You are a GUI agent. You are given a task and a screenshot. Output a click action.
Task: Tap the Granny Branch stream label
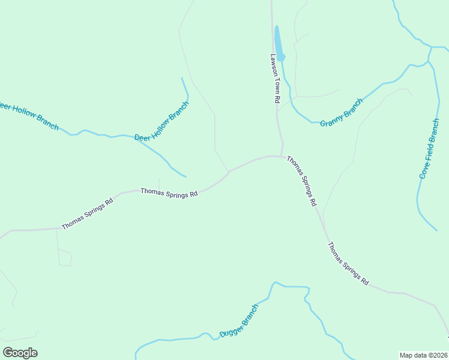pyautogui.click(x=342, y=113)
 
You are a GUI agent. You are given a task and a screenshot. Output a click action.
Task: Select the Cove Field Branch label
pyautogui.click(x=430, y=149)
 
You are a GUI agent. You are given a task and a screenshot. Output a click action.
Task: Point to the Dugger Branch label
pyautogui.click(x=239, y=321)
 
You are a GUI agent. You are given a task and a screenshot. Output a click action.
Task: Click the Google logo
pyautogui.click(x=20, y=353)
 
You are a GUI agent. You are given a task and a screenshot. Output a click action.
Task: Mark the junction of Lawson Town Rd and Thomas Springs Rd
pyautogui.click(x=282, y=156)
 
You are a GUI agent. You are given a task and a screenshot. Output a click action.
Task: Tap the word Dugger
pyautogui.click(x=230, y=329)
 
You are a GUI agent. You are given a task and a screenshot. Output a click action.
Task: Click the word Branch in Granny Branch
pyautogui.click(x=353, y=106)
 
